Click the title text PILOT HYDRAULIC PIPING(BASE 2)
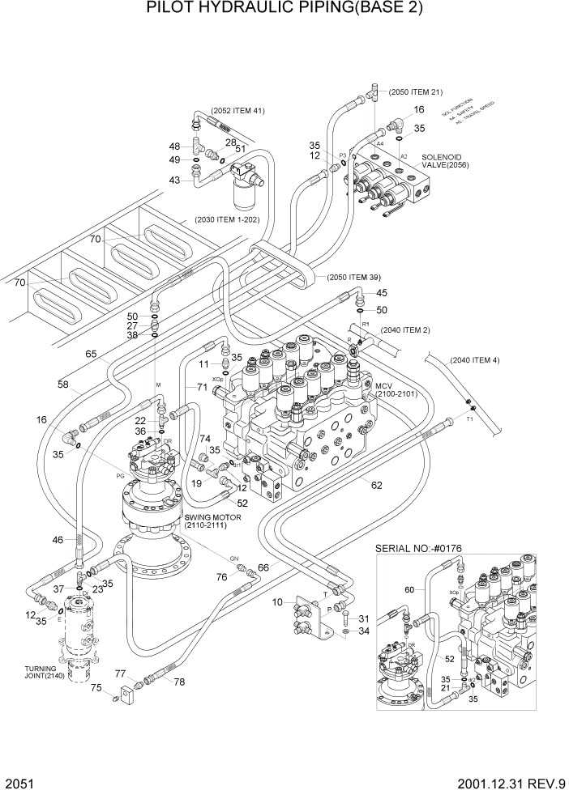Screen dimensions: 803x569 click(x=284, y=11)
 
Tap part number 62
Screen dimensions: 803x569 click(x=375, y=486)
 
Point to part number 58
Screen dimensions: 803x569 click(x=62, y=385)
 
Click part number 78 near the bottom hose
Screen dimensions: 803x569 click(x=178, y=682)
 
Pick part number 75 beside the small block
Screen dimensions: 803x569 click(x=96, y=688)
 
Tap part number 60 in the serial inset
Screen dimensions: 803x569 click(x=409, y=590)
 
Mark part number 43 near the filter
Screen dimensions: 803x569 click(x=174, y=181)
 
